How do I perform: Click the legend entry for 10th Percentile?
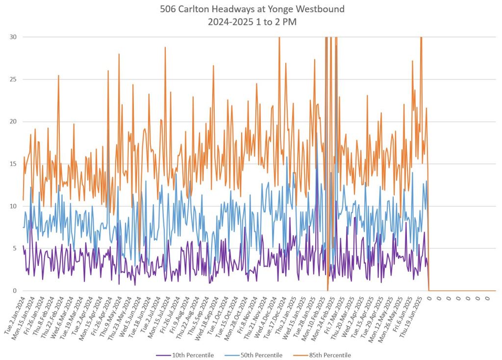pyautogui.click(x=193, y=355)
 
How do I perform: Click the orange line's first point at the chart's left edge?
pyautogui.click(x=23, y=200)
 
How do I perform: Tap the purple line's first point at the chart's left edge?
pyautogui.click(x=23, y=246)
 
